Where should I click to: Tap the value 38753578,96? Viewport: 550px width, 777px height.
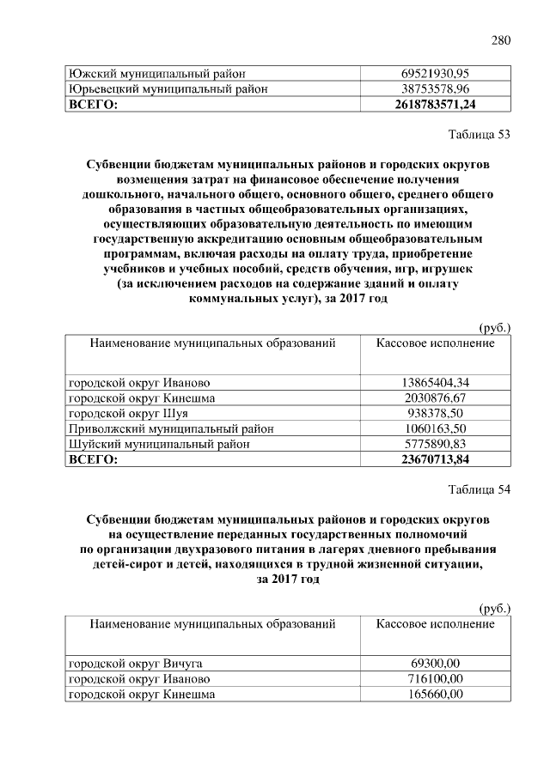click(x=437, y=88)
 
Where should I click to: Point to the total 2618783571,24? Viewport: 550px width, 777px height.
click(x=437, y=104)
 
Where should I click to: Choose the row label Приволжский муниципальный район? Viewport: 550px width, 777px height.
click(x=172, y=428)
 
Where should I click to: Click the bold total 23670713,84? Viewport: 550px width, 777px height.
click(x=437, y=459)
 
